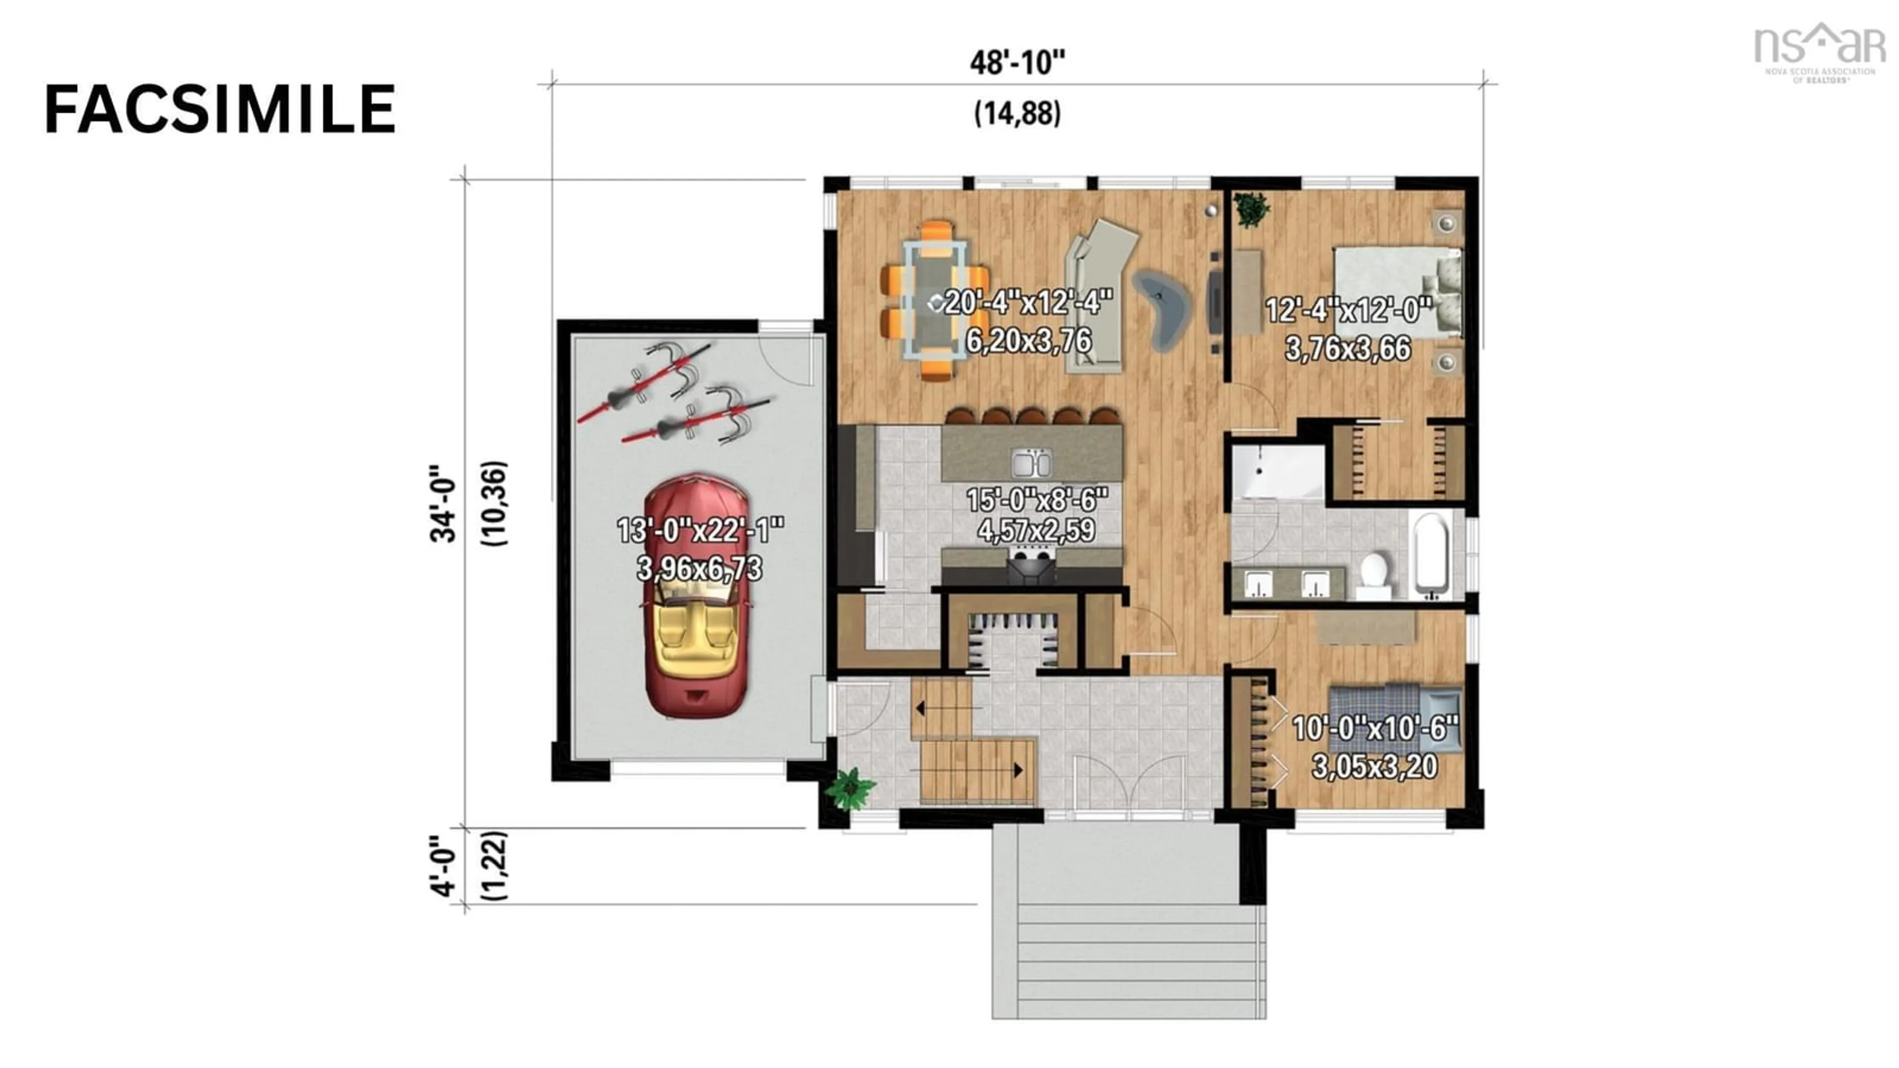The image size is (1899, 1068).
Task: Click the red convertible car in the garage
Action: tap(697, 597)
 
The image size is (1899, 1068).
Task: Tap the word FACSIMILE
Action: tap(220, 109)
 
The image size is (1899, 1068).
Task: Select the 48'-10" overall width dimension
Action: tap(1017, 63)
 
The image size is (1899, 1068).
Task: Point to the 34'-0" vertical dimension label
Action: tap(443, 503)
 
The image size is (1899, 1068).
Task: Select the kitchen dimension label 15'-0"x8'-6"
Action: tap(1037, 500)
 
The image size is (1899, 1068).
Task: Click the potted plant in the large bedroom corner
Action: tap(1252, 209)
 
